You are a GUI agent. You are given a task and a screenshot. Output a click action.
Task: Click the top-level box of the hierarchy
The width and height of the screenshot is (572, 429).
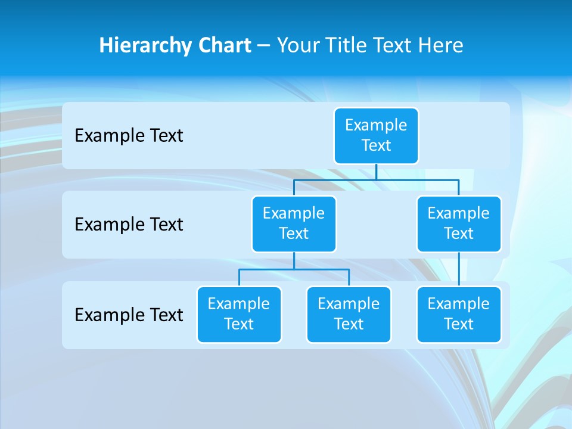376,136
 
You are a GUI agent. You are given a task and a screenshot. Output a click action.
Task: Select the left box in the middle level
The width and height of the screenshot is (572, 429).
294,223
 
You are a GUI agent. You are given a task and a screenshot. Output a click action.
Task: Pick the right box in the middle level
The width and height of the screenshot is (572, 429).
459,223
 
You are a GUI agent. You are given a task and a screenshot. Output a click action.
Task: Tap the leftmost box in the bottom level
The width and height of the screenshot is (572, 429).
239,314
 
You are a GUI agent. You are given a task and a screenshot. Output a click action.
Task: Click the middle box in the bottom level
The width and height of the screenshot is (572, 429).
349,314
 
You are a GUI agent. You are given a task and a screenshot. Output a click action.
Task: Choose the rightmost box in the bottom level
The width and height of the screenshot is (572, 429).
459,314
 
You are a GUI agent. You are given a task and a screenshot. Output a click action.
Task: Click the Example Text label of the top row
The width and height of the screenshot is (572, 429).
129,136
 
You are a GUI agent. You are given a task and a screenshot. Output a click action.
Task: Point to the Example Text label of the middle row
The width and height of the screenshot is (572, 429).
129,225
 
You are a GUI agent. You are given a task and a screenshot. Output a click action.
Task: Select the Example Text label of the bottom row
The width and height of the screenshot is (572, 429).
129,315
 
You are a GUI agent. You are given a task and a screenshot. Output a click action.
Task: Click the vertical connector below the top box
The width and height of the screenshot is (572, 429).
376,172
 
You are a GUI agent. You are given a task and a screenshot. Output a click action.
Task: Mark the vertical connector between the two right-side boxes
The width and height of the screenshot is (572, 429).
459,269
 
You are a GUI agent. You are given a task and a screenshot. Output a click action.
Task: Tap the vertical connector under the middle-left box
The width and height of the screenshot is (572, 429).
294,261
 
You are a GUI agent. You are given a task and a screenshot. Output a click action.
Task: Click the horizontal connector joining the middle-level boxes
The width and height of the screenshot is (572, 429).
376,179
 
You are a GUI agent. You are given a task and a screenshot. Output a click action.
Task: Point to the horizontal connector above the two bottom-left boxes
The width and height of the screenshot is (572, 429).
294,269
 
